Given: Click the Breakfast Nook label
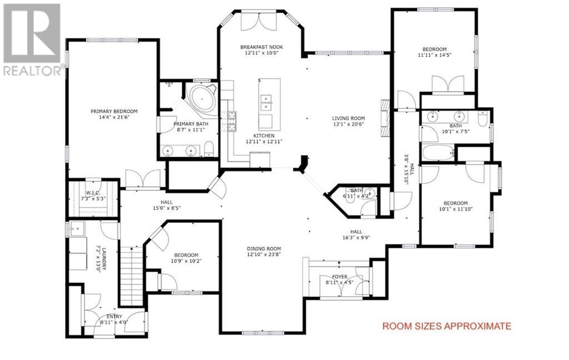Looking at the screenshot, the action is [261, 47].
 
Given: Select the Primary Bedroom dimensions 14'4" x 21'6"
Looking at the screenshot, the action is [114, 117].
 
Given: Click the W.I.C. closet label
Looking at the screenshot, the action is [93, 193].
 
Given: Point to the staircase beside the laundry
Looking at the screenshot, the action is [131, 276].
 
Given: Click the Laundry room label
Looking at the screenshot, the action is [103, 259].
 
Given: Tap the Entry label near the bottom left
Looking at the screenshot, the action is [114, 317].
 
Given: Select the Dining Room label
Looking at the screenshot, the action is [264, 248].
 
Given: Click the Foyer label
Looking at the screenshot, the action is [340, 277].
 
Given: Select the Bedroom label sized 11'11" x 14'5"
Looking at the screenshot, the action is [435, 49].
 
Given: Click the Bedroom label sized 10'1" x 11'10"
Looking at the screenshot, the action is [456, 203].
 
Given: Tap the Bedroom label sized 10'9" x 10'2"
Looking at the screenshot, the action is [186, 255].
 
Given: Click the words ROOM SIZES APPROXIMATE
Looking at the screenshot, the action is [447, 326].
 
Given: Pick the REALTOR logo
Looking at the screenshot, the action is [32, 40].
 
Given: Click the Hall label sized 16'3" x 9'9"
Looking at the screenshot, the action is [356, 232].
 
